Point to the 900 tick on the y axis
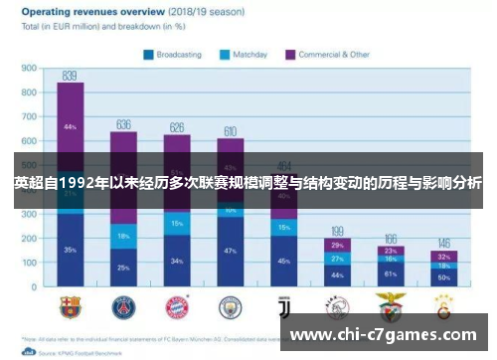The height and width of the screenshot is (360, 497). tap(29, 69)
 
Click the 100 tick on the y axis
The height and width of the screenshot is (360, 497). tap(29, 263)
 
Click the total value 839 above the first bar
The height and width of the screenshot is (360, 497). tap(70, 76)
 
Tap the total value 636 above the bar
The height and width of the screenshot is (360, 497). tap(123, 124)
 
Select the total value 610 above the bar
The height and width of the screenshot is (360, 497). tap(230, 130)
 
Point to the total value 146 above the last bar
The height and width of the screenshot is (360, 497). tap(444, 243)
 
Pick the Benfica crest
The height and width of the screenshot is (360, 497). tap(391, 305)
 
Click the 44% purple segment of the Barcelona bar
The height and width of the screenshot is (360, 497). tap(70, 127)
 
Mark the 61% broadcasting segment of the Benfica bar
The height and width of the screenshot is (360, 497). tap(391, 272)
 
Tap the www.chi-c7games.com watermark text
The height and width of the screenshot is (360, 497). tap(388, 335)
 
